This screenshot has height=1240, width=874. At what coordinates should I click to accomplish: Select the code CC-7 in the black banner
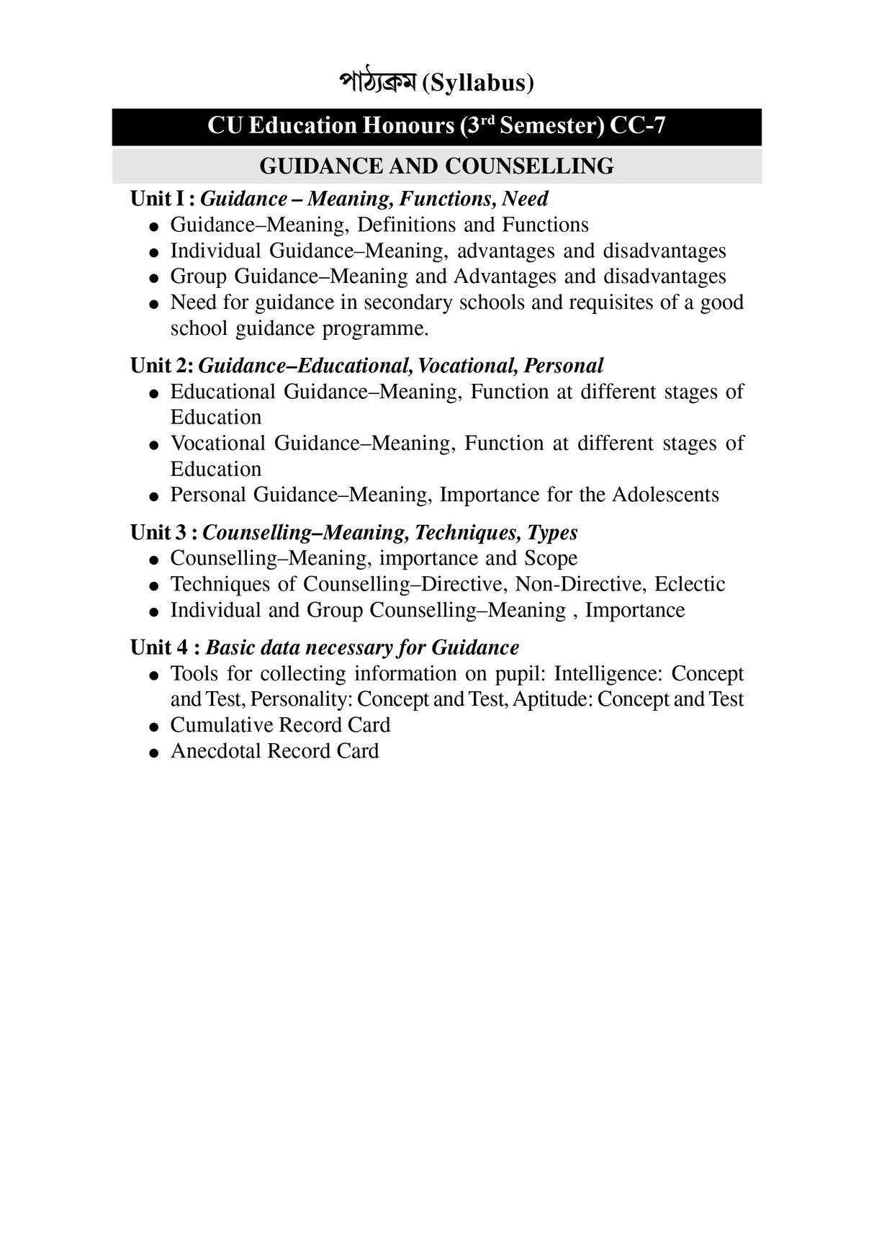(x=637, y=126)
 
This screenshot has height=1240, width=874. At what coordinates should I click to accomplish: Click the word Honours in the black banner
(x=408, y=126)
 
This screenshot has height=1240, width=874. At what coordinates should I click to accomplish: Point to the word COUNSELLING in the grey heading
(x=529, y=166)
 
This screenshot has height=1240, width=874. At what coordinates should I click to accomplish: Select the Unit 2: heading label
(x=161, y=366)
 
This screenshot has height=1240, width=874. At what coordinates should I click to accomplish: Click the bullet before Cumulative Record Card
(x=153, y=727)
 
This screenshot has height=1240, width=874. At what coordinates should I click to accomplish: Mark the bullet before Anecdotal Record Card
(x=153, y=753)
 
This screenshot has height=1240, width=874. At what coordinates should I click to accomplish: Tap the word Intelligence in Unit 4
(x=608, y=674)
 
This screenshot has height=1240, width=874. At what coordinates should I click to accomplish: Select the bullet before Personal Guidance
(x=153, y=497)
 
